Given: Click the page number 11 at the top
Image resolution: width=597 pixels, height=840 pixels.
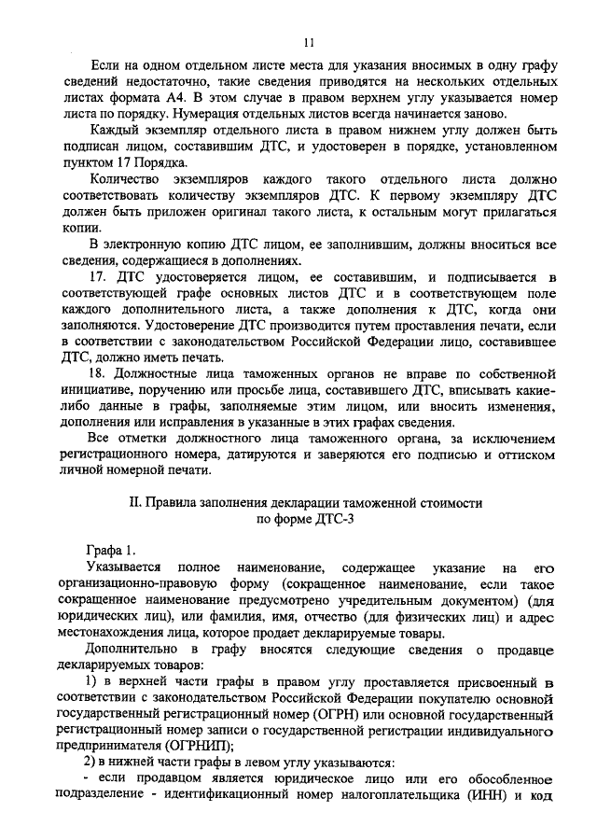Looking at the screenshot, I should (309, 43).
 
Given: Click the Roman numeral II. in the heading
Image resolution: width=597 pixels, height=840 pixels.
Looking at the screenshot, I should (134, 501).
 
